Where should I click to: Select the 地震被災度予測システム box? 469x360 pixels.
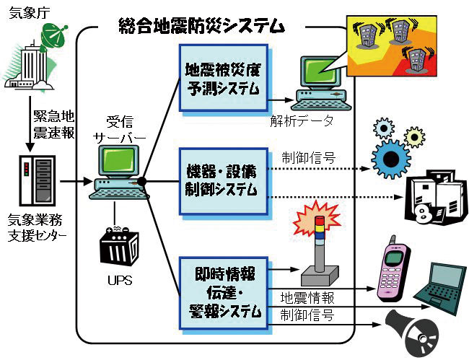point(222,79)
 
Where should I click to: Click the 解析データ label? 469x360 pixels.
point(307,121)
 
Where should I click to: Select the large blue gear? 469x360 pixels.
point(393,154)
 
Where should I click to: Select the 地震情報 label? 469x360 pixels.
point(307,297)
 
